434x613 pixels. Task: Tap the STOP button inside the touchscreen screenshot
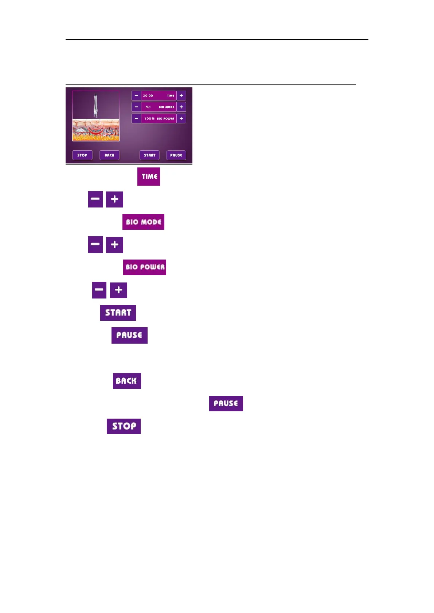click(x=82, y=155)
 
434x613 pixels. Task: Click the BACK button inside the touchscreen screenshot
click(x=109, y=155)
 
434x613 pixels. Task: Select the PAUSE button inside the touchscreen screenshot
click(x=176, y=155)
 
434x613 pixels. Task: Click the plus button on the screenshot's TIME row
click(x=181, y=95)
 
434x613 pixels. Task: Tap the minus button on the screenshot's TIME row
click(x=136, y=95)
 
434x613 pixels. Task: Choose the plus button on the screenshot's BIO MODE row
click(x=181, y=107)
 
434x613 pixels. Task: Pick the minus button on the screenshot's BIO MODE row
click(x=136, y=107)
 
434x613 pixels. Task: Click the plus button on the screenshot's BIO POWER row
click(x=181, y=118)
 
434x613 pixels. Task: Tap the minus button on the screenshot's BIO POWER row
click(x=136, y=118)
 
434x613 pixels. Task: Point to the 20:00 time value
click(x=148, y=96)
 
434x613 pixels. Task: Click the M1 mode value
click(x=148, y=107)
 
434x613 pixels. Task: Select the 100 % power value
click(x=149, y=119)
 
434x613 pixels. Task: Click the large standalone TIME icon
click(x=149, y=177)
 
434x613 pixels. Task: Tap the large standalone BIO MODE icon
click(x=143, y=222)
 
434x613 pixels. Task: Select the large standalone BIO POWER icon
click(x=145, y=267)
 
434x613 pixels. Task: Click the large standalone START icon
click(x=118, y=313)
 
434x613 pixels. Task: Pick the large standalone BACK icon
click(x=127, y=381)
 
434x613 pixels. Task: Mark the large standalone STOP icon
click(x=124, y=426)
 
